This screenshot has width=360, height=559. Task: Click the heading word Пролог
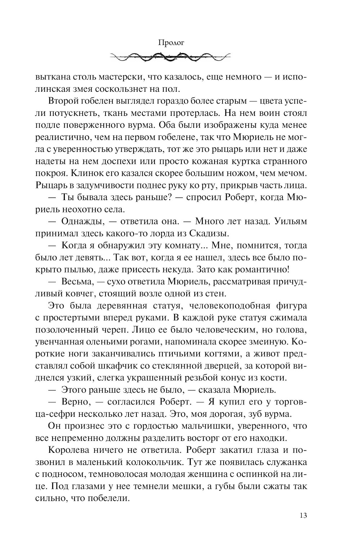tap(171, 43)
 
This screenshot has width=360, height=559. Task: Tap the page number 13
tap(303, 515)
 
